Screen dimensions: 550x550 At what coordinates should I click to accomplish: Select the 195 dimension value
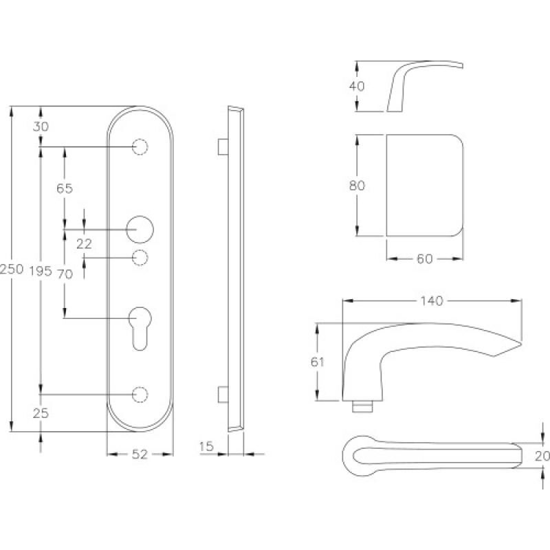(41, 272)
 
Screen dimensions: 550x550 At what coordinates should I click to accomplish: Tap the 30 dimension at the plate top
(41, 126)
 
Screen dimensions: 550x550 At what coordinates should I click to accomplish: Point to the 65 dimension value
(65, 188)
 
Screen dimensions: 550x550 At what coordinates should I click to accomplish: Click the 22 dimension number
(84, 243)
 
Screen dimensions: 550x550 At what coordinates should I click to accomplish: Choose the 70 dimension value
(65, 274)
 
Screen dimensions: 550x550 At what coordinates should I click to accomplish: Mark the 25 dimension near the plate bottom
(41, 413)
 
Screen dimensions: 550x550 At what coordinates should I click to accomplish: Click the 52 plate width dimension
(140, 454)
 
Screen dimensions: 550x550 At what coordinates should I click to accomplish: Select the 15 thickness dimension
(206, 447)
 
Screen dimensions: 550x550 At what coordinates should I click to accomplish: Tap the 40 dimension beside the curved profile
(357, 86)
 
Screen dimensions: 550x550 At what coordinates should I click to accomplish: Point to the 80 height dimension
(357, 185)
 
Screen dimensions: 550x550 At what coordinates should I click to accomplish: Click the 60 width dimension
(424, 259)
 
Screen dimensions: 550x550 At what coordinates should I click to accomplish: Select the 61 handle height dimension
(317, 362)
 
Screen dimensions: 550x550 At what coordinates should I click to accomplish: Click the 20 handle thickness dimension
(542, 454)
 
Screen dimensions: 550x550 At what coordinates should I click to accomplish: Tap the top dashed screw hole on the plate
(140, 147)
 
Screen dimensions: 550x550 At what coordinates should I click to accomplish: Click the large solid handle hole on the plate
(140, 229)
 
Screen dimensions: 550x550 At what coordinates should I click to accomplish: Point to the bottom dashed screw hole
(140, 394)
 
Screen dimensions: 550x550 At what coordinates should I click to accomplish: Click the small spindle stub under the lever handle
(360, 406)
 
